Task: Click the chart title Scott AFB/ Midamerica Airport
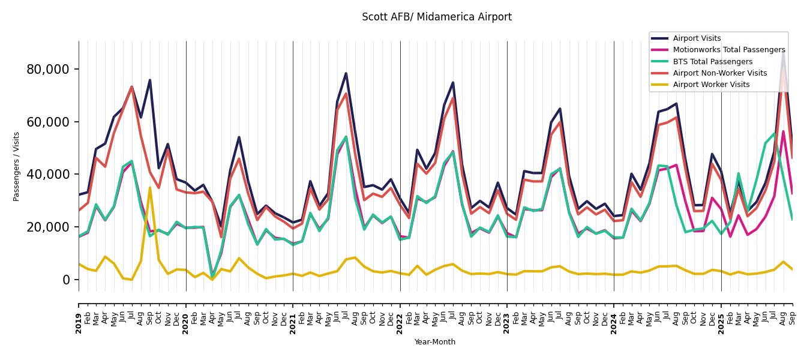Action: point(436,17)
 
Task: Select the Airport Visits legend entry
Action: point(697,38)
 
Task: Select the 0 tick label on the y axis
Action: point(66,280)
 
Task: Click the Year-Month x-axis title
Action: point(435,342)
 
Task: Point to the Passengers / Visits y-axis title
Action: point(17,166)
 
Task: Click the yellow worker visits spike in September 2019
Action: point(150,188)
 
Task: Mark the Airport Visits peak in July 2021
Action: point(346,74)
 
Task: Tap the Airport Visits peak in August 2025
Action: point(783,53)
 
